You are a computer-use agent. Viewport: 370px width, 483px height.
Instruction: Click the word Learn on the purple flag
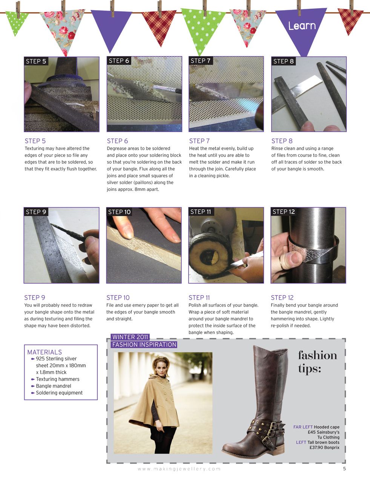[302, 26]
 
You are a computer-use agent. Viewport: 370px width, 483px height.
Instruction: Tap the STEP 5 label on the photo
[36, 61]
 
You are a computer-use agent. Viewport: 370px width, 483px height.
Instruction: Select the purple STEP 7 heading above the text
[199, 141]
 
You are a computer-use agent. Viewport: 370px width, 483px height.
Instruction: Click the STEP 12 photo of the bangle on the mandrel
[308, 245]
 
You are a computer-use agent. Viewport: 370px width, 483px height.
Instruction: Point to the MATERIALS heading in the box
[45, 352]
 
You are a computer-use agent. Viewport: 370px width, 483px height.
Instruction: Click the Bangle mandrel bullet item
[53, 386]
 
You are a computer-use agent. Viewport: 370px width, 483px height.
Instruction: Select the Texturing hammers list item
[57, 379]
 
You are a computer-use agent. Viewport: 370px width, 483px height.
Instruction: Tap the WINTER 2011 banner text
[130, 337]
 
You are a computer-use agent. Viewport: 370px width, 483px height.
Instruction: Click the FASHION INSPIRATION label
[144, 345]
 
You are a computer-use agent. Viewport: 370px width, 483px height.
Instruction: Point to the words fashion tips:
[317, 361]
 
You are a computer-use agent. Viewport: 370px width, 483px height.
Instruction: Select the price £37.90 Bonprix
[324, 448]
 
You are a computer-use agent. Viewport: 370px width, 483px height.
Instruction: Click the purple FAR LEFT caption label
[303, 427]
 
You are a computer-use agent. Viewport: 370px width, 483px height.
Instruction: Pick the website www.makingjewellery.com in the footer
[179, 469]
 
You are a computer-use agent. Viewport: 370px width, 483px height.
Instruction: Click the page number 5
[344, 469]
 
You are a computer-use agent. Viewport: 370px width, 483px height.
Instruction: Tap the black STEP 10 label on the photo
[119, 212]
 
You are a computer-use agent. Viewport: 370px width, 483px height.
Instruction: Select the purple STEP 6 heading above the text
[117, 141]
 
